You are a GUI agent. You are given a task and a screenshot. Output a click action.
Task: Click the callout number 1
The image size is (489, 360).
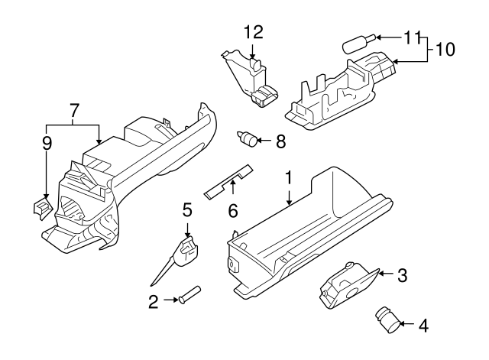click(x=290, y=178)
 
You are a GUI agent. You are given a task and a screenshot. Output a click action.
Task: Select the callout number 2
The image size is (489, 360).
click(x=154, y=302)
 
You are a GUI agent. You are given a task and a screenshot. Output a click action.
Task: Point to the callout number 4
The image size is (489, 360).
click(x=423, y=326)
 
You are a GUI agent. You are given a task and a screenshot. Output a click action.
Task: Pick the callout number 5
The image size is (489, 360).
click(x=186, y=209)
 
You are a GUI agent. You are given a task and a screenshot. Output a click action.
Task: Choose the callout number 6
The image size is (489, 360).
click(x=234, y=209)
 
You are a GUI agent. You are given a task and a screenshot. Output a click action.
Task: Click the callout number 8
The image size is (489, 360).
click(x=280, y=141)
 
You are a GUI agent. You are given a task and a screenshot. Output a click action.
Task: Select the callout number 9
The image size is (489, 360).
click(x=47, y=142)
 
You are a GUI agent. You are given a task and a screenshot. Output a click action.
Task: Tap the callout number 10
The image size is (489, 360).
click(x=445, y=49)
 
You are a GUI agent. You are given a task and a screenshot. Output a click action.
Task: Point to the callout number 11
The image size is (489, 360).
click(x=412, y=37)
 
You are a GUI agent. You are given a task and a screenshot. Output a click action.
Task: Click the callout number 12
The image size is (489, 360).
click(x=253, y=32)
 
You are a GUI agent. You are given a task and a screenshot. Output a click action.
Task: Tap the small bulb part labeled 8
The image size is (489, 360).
click(x=248, y=140)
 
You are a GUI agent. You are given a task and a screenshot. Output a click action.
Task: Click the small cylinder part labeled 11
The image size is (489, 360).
click(x=355, y=42)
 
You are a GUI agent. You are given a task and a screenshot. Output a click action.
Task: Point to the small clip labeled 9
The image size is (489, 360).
click(x=40, y=206)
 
